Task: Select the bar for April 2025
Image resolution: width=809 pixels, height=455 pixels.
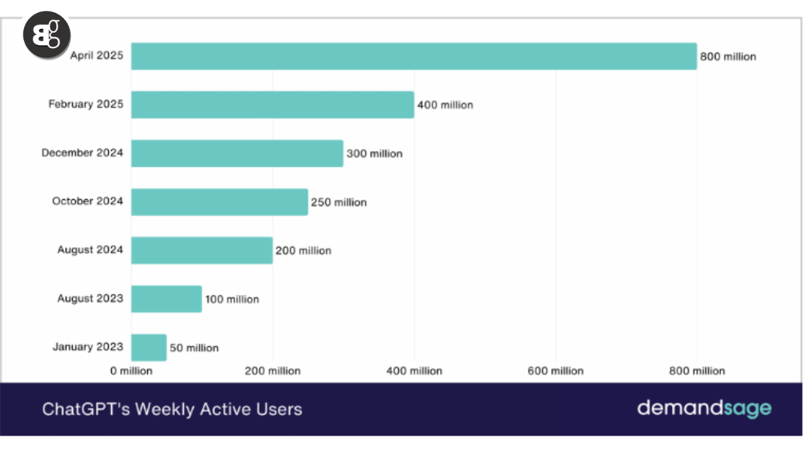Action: pyautogui.click(x=413, y=56)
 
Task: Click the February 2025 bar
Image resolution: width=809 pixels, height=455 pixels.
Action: pyautogui.click(x=272, y=104)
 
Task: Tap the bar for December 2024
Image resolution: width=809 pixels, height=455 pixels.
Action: pyautogui.click(x=237, y=153)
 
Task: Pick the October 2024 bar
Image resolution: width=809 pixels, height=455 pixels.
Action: pyautogui.click(x=219, y=202)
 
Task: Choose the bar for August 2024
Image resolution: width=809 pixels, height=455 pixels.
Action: pyautogui.click(x=202, y=250)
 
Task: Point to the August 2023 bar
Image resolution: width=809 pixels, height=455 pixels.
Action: pyautogui.click(x=166, y=299)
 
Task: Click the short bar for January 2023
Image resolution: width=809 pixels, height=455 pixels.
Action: pyautogui.click(x=149, y=348)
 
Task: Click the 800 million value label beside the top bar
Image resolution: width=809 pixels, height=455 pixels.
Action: pyautogui.click(x=727, y=57)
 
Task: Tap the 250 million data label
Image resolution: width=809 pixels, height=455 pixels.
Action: pyautogui.click(x=339, y=202)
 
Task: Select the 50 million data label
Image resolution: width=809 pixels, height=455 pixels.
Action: pyautogui.click(x=194, y=348)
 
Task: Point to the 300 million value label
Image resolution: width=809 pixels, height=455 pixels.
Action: pyautogui.click(x=374, y=154)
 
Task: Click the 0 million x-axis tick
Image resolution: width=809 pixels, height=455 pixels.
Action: pyautogui.click(x=131, y=371)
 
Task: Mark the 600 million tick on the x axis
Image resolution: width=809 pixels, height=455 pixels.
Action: pyautogui.click(x=556, y=371)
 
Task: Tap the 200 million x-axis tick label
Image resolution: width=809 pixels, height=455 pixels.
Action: pyautogui.click(x=272, y=371)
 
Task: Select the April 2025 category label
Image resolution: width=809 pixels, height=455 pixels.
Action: pyautogui.click(x=97, y=56)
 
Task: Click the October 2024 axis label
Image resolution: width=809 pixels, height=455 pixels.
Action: pyautogui.click(x=88, y=201)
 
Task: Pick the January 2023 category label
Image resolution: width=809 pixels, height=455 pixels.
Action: pyautogui.click(x=88, y=347)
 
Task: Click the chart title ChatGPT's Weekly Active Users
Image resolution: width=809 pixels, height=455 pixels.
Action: pyautogui.click(x=172, y=409)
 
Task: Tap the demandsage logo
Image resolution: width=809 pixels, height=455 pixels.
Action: pyautogui.click(x=704, y=408)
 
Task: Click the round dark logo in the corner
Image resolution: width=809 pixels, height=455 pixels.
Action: pyautogui.click(x=47, y=35)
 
